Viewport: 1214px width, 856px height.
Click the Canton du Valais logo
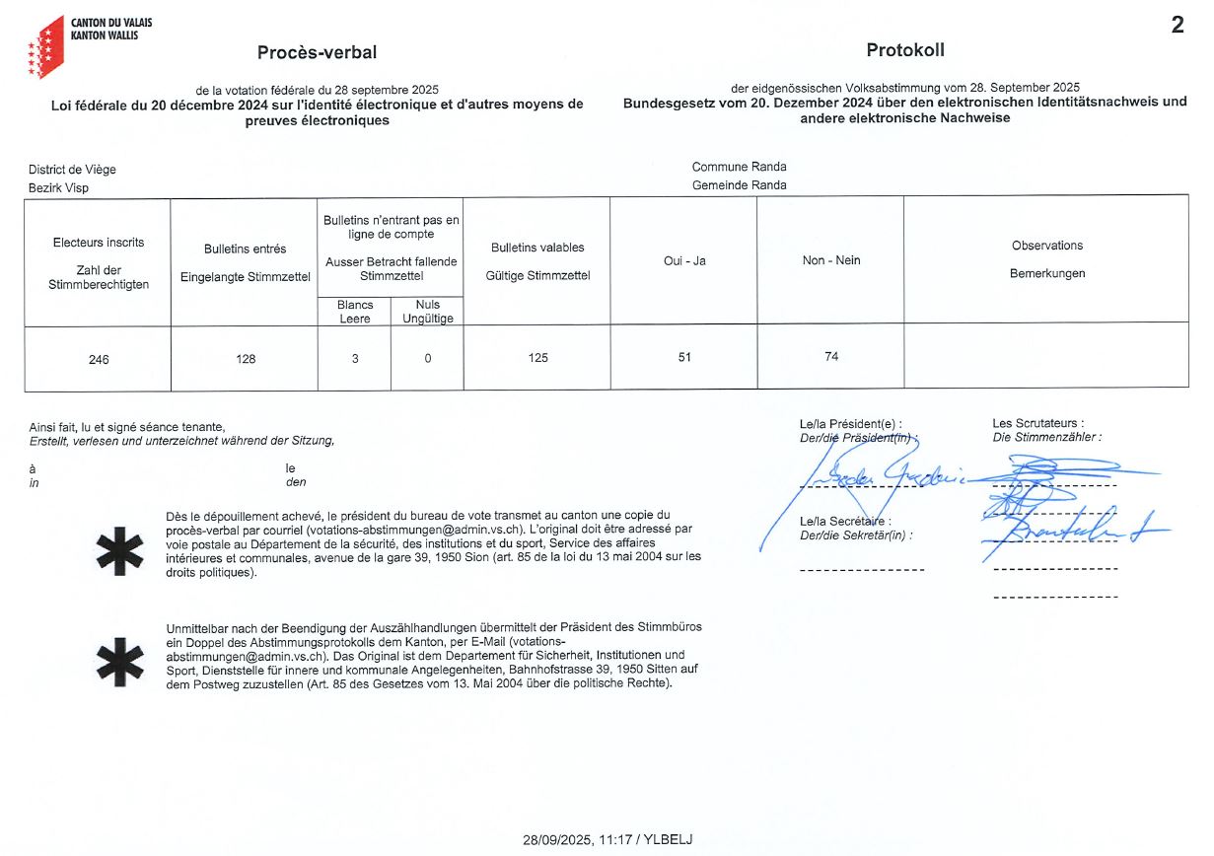click(46, 47)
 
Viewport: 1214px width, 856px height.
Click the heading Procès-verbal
click(317, 53)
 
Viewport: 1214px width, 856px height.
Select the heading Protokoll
click(904, 50)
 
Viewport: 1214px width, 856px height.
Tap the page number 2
click(1178, 27)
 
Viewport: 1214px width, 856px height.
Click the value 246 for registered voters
click(99, 359)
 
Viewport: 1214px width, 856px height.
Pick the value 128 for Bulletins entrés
click(246, 359)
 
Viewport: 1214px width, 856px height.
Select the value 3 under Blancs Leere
click(355, 359)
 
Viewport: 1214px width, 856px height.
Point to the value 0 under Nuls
click(428, 359)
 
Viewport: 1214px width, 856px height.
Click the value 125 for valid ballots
click(537, 358)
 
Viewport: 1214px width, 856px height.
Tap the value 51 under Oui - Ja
click(684, 357)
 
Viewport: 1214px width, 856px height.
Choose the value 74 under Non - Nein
click(831, 356)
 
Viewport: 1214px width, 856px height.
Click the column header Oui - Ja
click(684, 261)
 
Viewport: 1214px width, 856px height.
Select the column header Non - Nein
click(831, 260)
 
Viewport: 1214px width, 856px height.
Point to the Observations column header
click(1046, 246)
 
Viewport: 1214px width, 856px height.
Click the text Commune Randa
click(739, 167)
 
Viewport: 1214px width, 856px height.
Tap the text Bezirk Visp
click(58, 187)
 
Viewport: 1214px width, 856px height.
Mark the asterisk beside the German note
click(119, 660)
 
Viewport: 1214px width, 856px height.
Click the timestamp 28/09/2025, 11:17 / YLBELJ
click(607, 840)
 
